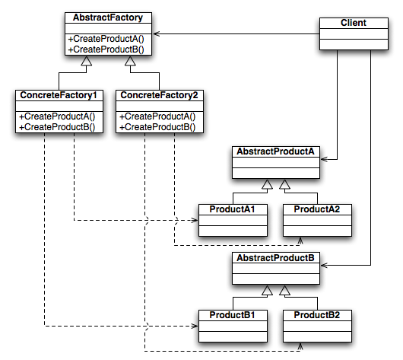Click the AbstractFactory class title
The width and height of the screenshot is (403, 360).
[x=108, y=18]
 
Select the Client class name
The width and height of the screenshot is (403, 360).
[x=354, y=23]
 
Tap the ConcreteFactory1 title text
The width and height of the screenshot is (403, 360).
[x=59, y=95]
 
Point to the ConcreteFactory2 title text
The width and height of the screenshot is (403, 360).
[x=159, y=95]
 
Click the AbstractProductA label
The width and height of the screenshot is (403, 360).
[x=275, y=151]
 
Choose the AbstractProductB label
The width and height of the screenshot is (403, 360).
[x=275, y=257]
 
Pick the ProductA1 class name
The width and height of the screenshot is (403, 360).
[x=232, y=209]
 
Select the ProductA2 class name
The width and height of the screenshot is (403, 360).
[x=317, y=209]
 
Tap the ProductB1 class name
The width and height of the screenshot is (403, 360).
[x=232, y=314]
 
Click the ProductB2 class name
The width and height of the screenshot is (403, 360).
[x=317, y=314]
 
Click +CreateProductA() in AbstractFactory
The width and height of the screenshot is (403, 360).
[x=106, y=39]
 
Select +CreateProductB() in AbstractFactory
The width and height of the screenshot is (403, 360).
[x=106, y=49]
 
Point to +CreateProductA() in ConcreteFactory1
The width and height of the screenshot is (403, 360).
[x=57, y=116]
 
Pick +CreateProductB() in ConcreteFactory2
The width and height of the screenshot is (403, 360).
[x=157, y=127]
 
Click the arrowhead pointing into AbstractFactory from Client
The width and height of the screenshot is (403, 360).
[x=157, y=33]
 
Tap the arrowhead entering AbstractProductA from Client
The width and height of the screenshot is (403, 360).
[x=324, y=159]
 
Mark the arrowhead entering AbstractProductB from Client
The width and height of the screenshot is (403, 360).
[x=324, y=265]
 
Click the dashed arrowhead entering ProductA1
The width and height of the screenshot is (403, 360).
[x=195, y=220]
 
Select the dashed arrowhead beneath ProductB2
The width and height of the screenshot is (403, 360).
[x=300, y=346]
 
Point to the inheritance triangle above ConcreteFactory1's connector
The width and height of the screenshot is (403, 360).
[x=87, y=61]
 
